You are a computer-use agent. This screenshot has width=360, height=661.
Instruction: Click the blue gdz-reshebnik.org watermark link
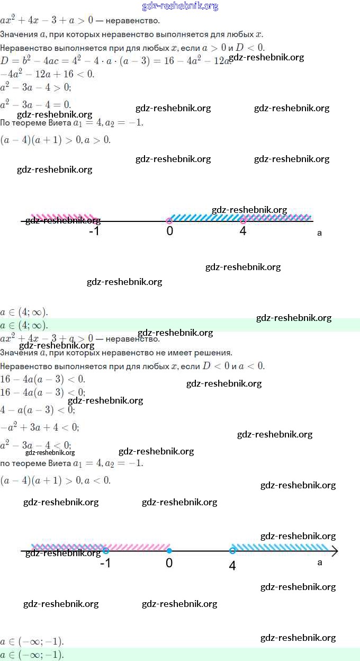[x=180, y=6]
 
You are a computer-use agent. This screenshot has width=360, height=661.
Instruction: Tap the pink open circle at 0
[x=169, y=221]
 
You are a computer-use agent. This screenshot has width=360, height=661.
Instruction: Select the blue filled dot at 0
[x=169, y=551]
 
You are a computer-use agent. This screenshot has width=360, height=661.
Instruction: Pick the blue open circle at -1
[x=106, y=551]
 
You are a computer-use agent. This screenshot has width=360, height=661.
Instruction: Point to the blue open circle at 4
[x=232, y=551]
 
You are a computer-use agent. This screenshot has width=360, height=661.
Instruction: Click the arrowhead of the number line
[x=334, y=551]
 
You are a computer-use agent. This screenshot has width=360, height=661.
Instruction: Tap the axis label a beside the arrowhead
[x=320, y=562]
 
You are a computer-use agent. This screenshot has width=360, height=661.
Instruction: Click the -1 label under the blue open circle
[x=105, y=563]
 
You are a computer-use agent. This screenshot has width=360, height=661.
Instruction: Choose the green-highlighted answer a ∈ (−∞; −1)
[x=32, y=655]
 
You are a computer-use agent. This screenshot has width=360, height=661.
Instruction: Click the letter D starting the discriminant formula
[x=4, y=60]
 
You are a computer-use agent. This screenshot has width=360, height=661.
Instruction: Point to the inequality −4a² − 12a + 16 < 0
[x=48, y=74]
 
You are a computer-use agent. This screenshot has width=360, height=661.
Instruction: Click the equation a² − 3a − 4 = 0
[x=35, y=104]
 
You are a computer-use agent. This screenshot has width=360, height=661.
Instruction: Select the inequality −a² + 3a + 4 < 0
[x=40, y=427]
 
